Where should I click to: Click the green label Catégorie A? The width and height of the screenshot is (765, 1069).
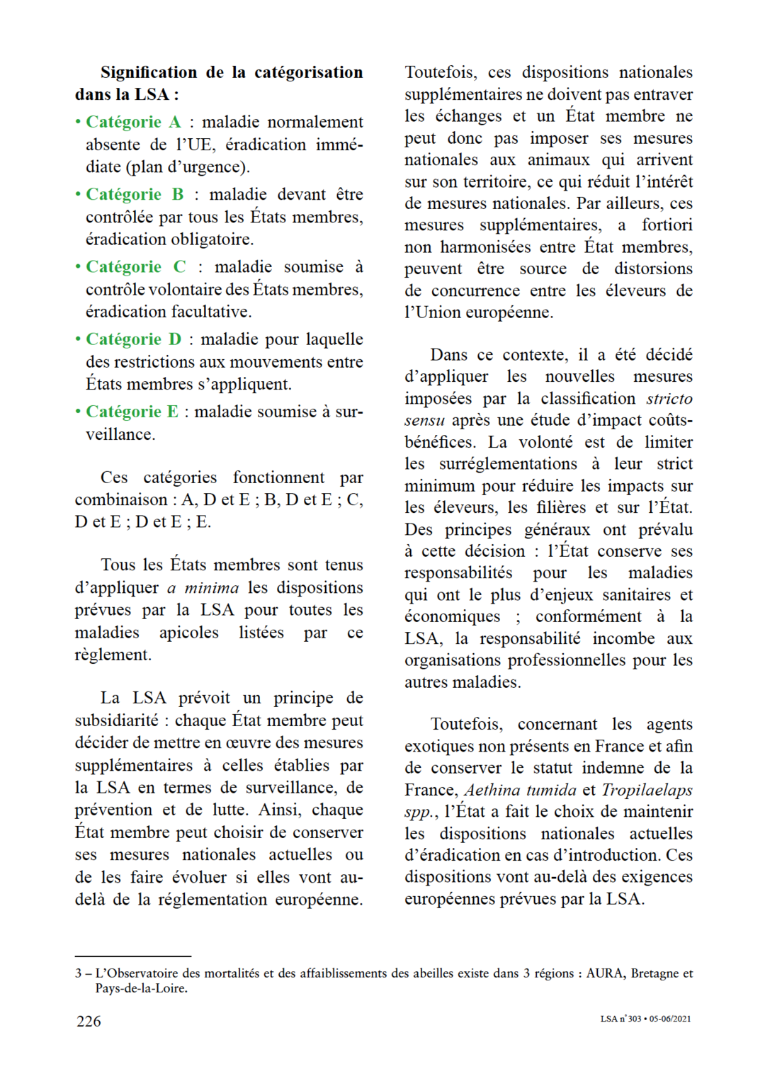tap(133, 122)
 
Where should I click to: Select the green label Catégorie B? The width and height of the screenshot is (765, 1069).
tap(135, 194)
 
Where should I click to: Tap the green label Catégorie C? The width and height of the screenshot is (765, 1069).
tap(135, 266)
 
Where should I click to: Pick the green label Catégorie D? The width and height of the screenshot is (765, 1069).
tap(133, 339)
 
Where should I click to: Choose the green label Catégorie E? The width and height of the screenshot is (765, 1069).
tap(132, 412)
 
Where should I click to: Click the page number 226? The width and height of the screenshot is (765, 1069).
tap(89, 1021)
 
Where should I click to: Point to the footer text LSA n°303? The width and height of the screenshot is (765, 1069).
tap(620, 1019)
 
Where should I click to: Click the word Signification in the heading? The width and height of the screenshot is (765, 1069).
tap(149, 72)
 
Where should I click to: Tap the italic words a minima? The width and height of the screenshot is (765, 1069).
tap(203, 587)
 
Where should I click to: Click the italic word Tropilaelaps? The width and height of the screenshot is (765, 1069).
tap(647, 789)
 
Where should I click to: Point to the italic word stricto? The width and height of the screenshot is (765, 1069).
tap(669, 398)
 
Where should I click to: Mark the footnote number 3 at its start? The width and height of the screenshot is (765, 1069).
tap(78, 973)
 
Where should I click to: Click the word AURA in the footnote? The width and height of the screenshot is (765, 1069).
tap(604, 973)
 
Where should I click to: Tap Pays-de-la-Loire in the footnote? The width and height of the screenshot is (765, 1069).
tap(141, 988)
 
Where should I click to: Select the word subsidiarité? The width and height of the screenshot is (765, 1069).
tap(117, 720)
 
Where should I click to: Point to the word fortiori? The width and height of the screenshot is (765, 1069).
tap(667, 225)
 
